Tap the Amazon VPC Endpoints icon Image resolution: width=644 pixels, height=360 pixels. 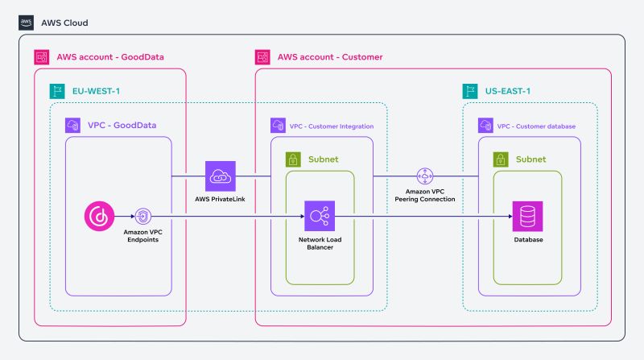142,216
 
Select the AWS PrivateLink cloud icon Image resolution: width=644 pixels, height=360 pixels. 220,176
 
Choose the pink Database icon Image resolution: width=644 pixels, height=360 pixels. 527,216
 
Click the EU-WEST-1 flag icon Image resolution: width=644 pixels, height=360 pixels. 58,91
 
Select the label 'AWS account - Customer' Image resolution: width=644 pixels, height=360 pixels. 330,57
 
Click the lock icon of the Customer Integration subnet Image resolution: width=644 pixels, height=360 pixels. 293,159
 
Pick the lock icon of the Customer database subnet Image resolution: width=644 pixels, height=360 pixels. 501,159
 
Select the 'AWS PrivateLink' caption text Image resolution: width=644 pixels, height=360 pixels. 220,198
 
